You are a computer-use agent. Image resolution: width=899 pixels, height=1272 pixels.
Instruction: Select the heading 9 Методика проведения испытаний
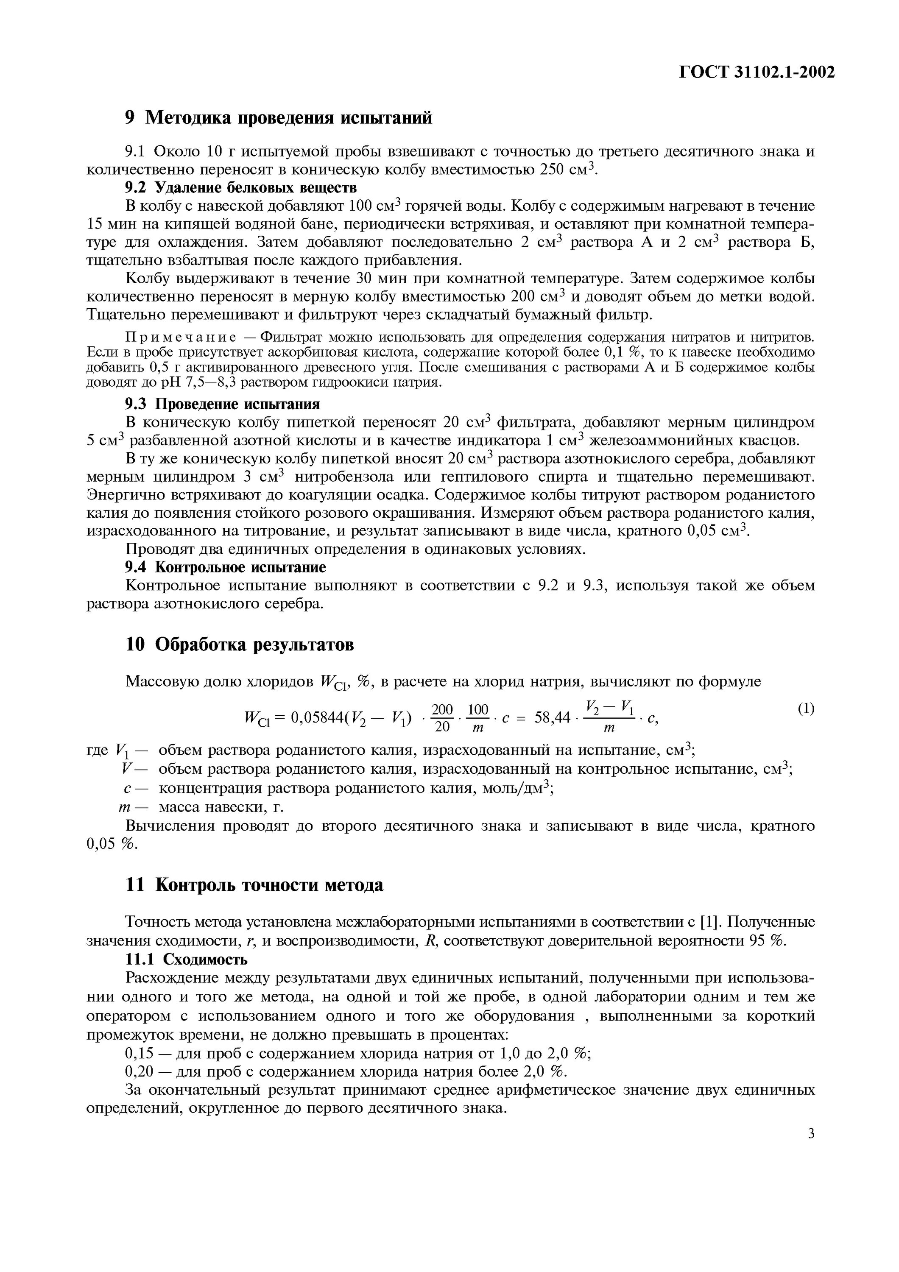pos(278,117)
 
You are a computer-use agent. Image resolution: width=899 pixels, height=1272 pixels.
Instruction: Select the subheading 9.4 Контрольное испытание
pos(226,567)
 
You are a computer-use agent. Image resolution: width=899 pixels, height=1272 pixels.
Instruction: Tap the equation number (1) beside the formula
pos(806,709)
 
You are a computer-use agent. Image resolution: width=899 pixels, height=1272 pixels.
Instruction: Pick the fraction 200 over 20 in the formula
pos(442,718)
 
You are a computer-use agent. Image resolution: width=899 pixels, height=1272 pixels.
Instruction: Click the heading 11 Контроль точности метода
pos(254,885)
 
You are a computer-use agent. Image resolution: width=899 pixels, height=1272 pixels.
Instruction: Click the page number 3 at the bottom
pos(811,1133)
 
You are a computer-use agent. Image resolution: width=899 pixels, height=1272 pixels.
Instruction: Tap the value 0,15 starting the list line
pos(139,1053)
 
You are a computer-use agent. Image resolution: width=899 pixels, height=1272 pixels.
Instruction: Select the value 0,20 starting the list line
pos(139,1071)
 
